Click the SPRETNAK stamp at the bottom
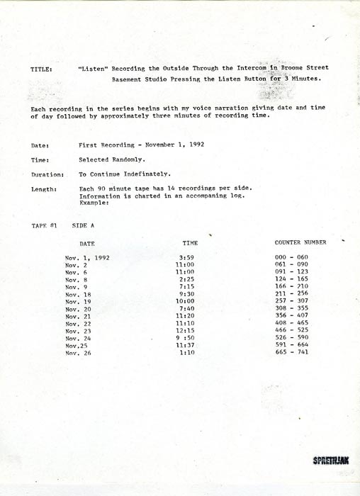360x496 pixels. (x=330, y=460)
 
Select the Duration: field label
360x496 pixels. (x=47, y=174)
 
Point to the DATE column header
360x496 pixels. (x=87, y=243)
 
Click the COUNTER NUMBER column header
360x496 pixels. (x=300, y=242)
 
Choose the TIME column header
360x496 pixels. (x=191, y=242)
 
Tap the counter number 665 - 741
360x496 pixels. (x=292, y=352)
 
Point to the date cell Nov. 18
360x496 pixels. (x=79, y=294)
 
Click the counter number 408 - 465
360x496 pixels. (x=292, y=323)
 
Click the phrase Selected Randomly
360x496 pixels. (x=109, y=159)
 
